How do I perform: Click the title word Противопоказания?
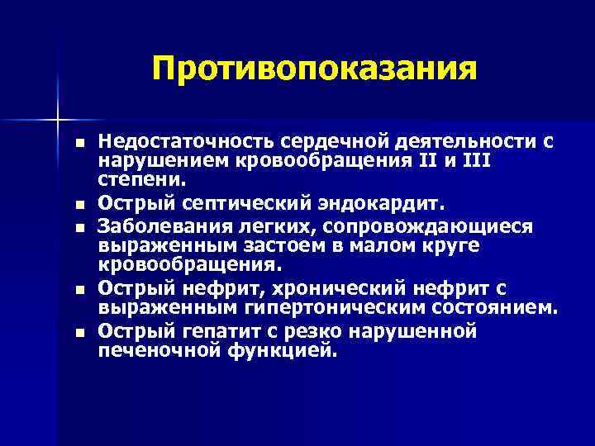pos(315,69)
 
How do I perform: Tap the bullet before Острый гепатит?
pos(79,332)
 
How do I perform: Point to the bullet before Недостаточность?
pos(79,141)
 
